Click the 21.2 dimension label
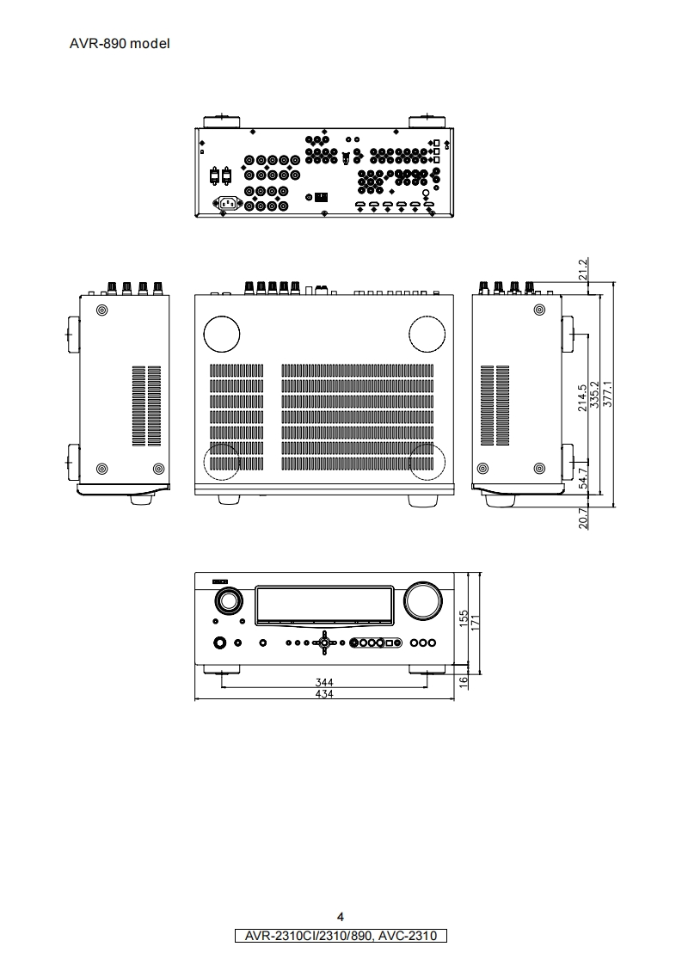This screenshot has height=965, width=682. point(583,269)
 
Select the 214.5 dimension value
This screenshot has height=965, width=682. point(583,397)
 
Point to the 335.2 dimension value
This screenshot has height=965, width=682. point(595,397)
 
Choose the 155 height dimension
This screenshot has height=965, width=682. point(464,619)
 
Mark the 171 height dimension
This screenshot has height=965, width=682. point(476,619)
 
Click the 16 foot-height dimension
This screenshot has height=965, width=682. point(464,680)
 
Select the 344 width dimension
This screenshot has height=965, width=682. point(324,682)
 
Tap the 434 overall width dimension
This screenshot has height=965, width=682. point(324,694)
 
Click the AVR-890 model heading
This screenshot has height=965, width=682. point(120,43)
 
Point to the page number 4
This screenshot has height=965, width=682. point(341,916)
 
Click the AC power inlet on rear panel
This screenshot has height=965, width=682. point(230,204)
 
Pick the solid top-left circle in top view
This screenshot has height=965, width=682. point(221,333)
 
